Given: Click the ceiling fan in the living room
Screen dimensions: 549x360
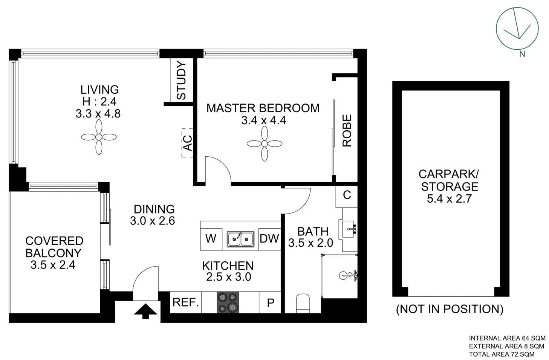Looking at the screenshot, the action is click(99, 137).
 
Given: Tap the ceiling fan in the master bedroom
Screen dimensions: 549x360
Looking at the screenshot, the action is click(265, 143).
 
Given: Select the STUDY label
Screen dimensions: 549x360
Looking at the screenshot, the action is click(181, 81).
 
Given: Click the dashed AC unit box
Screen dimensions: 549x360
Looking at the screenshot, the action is click(187, 143).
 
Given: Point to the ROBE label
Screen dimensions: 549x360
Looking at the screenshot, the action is click(347, 131).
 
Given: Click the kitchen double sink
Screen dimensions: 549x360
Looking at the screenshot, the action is click(240, 239).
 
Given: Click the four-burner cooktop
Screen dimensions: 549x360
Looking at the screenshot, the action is click(228, 302).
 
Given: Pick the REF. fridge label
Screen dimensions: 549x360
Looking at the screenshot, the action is click(185, 302).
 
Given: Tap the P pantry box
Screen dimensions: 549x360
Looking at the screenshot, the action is click(270, 302).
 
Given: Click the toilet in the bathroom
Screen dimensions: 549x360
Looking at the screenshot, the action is click(303, 304).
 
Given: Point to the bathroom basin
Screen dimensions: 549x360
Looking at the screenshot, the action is click(348, 229).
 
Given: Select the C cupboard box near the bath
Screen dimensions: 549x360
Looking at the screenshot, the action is click(347, 197).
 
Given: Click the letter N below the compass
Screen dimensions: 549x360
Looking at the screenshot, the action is click(522, 54).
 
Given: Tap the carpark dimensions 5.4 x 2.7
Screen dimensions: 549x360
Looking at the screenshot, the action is click(449, 198).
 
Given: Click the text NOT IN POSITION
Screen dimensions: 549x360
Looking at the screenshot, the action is click(450, 309).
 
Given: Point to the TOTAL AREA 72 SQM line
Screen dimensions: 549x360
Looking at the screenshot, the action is click(502, 354).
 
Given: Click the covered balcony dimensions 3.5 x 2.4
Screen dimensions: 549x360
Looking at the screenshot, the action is click(53, 265).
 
